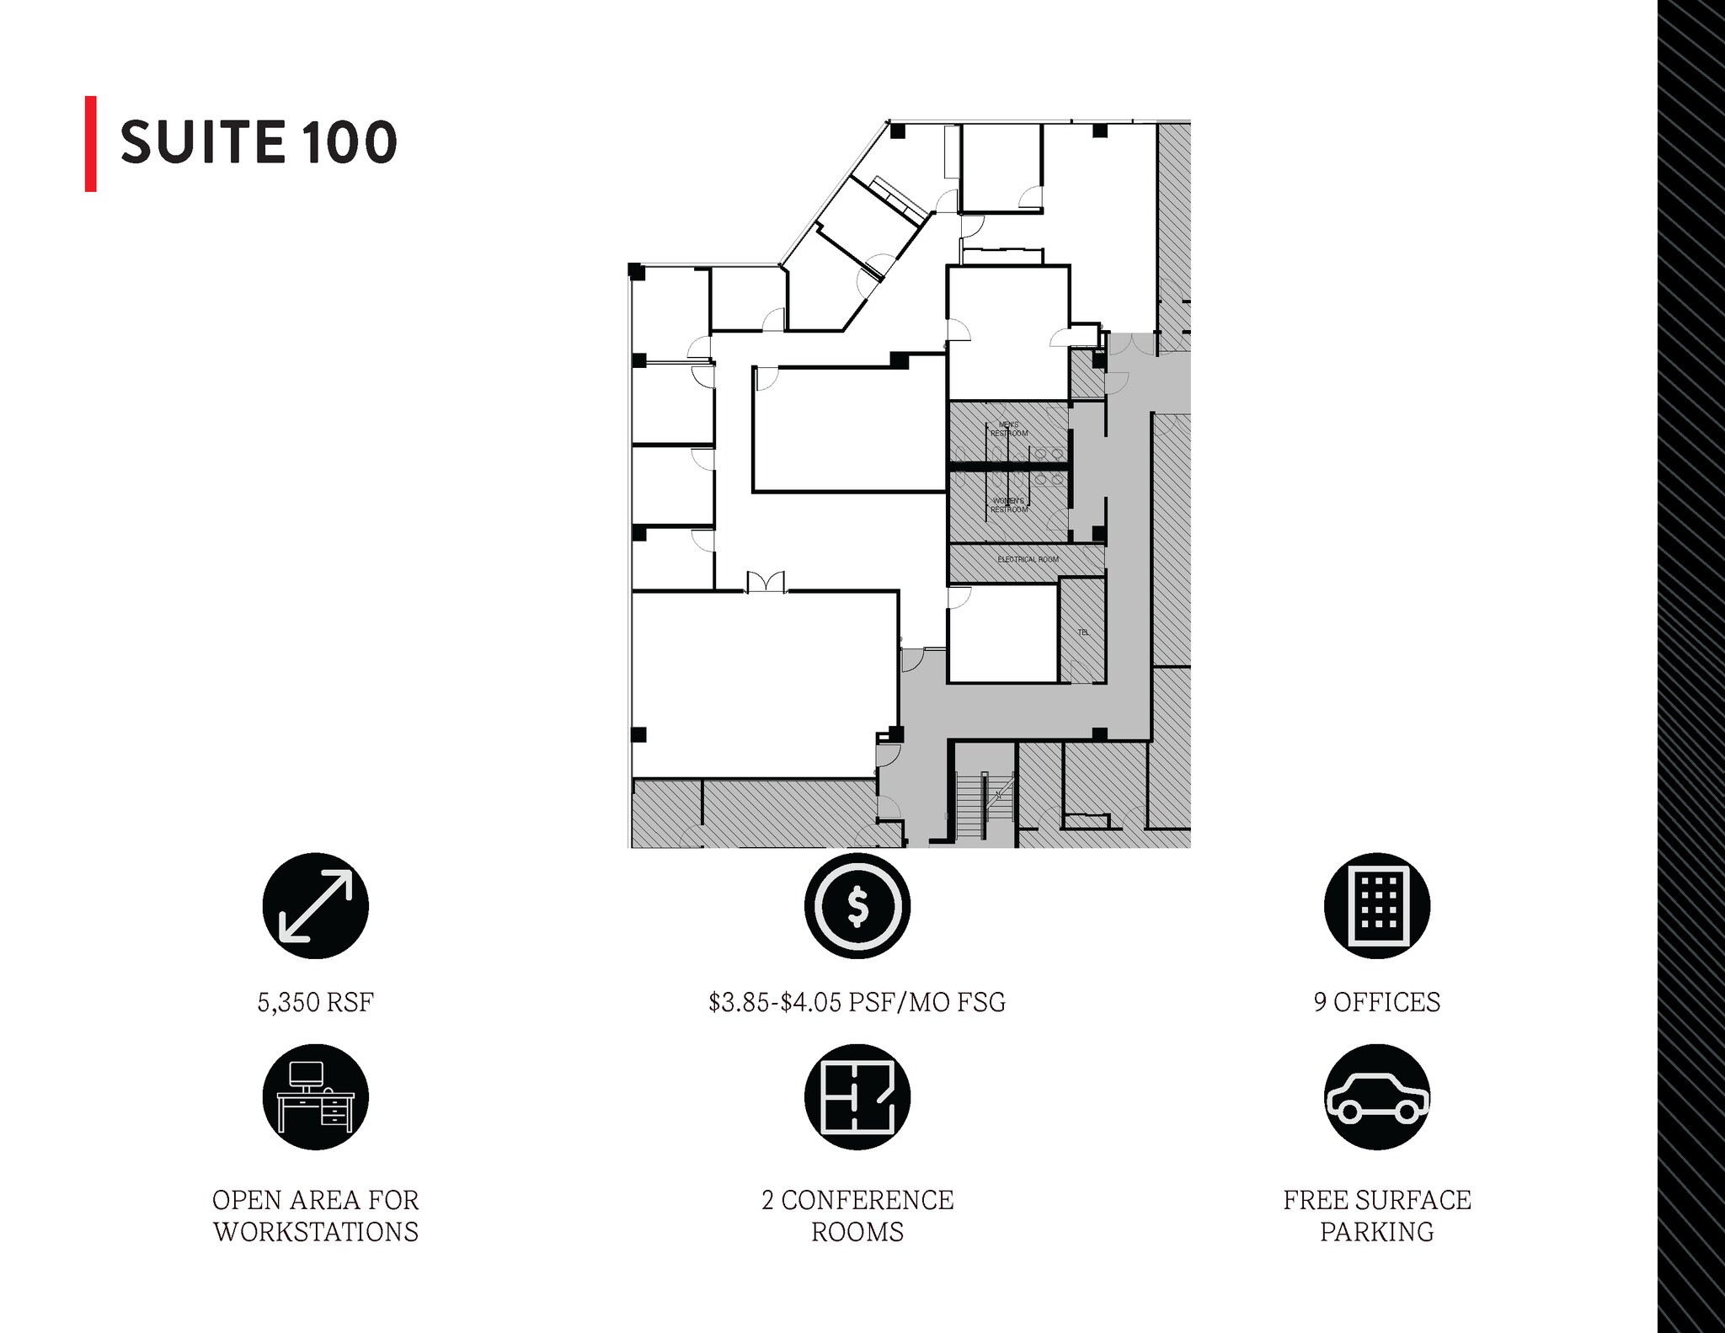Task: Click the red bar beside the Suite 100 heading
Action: point(91,143)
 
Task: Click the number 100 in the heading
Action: point(347,142)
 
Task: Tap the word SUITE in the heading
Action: point(202,142)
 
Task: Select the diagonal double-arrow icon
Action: point(315,906)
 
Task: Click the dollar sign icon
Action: point(857,906)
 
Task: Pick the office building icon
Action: point(1376,906)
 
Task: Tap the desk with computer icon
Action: point(315,1097)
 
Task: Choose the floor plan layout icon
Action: point(857,1097)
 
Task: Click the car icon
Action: point(1376,1097)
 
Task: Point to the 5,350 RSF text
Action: point(315,1002)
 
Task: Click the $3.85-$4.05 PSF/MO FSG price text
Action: point(857,1002)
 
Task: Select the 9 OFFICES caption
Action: point(1376,1002)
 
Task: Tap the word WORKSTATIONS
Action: point(315,1232)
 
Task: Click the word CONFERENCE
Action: point(868,1200)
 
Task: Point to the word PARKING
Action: point(1376,1232)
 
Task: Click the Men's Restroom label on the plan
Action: point(1008,429)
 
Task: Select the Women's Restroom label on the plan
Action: point(1008,505)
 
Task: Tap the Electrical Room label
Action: point(1028,559)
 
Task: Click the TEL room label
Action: point(1083,632)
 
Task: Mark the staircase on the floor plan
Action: point(970,805)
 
